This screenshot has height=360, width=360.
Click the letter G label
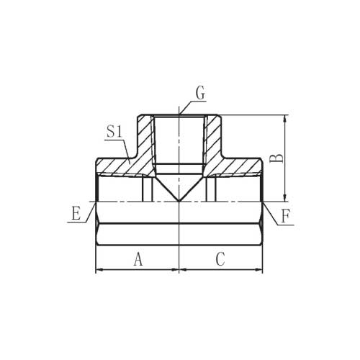pos(201,93)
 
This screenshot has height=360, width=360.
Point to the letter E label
pos(76,213)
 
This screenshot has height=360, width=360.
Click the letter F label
pos(286,216)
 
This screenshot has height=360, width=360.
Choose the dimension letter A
pos(138,259)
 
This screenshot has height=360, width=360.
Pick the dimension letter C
pos(220,259)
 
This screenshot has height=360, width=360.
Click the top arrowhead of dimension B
pos(285,119)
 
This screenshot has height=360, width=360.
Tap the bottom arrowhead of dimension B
pos(285,197)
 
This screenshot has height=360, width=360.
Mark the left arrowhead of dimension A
pos(99,270)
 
